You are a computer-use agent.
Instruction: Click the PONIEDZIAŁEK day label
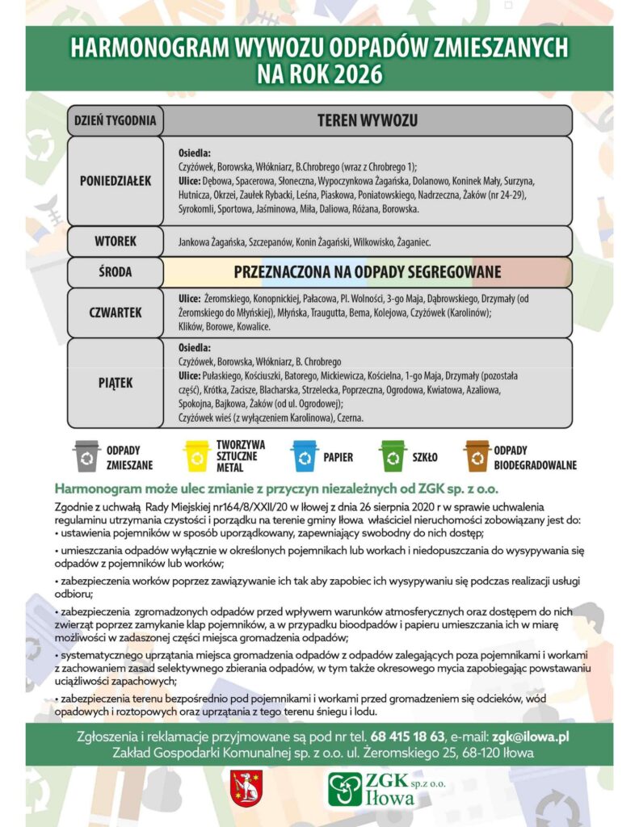click(x=116, y=181)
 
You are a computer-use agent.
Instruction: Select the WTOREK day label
click(x=116, y=241)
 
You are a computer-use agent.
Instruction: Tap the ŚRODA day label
click(x=116, y=272)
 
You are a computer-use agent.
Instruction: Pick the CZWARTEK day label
click(x=116, y=310)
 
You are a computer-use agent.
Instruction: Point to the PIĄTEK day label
click(x=116, y=383)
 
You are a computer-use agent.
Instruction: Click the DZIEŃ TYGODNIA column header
click(x=115, y=121)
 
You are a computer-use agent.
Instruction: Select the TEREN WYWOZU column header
click(x=368, y=121)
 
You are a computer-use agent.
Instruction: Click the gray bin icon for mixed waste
click(x=86, y=456)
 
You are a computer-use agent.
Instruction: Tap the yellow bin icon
click(x=196, y=456)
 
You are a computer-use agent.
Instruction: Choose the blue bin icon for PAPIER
click(x=305, y=456)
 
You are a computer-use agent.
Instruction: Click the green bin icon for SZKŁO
click(x=393, y=456)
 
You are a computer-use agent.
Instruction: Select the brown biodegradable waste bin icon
click(x=477, y=456)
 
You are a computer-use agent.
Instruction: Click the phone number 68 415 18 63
click(x=408, y=737)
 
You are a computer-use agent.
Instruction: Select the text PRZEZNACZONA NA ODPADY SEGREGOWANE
click(x=368, y=272)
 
